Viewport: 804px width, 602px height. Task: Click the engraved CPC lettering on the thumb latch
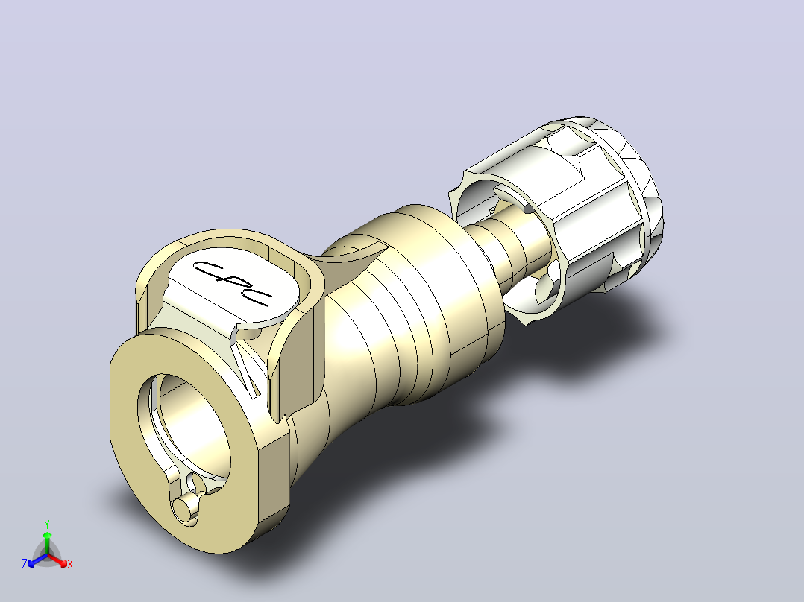point(232,284)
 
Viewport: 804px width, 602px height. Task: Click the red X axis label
point(70,564)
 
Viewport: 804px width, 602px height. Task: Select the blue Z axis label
point(25,564)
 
